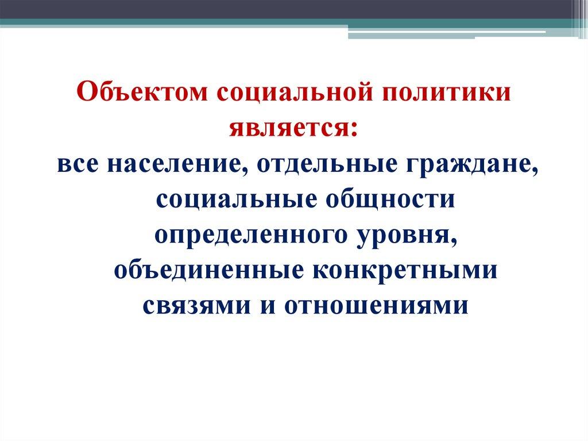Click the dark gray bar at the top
287,9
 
